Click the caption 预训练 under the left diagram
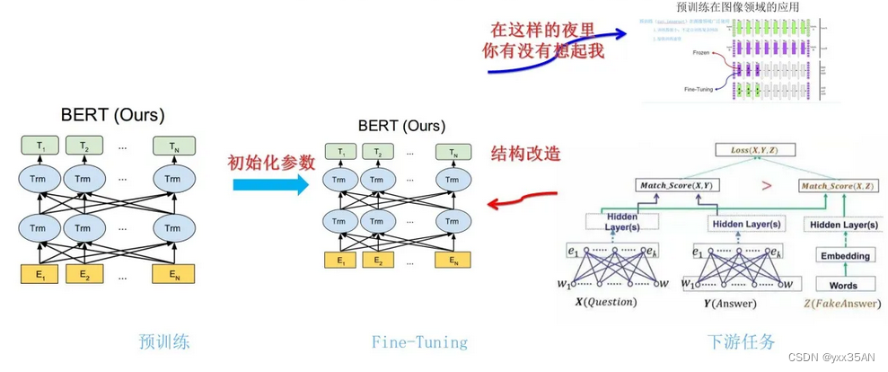(163, 341)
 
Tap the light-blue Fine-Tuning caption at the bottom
(419, 341)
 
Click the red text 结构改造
(525, 154)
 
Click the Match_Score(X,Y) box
(679, 186)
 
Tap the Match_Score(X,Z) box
(839, 186)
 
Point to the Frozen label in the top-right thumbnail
(702, 54)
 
